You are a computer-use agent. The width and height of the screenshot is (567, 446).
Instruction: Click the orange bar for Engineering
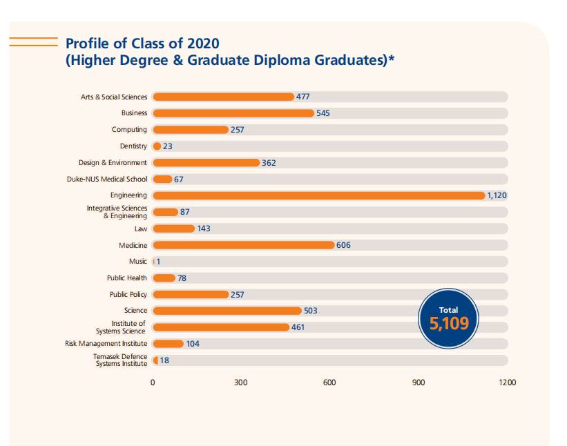[x=318, y=195]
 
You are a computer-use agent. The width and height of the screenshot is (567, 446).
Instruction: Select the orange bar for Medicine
[x=243, y=245]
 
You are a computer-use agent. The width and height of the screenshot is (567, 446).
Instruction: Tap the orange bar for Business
[x=233, y=113]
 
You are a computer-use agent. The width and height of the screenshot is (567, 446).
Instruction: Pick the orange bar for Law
[x=173, y=229]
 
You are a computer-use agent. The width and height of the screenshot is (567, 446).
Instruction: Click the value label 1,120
[x=497, y=195]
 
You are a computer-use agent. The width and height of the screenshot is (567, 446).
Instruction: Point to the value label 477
[x=303, y=97]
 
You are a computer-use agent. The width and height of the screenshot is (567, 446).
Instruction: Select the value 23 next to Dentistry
[x=167, y=146]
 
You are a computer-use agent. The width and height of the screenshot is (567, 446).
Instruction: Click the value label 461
[x=298, y=327]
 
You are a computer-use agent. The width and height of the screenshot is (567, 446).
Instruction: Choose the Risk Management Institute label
[x=106, y=344]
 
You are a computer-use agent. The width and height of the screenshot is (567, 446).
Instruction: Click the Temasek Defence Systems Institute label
[x=121, y=360]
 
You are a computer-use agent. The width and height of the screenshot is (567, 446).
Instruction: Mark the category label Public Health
[x=127, y=278]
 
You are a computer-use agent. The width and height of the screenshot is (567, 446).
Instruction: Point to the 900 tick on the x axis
[x=419, y=382]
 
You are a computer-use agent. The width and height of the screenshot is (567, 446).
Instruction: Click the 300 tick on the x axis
[x=241, y=382]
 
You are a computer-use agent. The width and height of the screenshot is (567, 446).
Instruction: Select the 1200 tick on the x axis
[x=507, y=382]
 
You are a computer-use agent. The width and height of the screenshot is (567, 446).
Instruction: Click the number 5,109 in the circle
[x=448, y=323]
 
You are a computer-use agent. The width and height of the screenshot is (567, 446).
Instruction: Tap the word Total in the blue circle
[x=448, y=310]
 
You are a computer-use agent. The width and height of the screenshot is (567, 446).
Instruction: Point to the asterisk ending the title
[x=391, y=59]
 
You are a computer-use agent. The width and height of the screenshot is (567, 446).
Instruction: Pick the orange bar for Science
[x=227, y=311]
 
